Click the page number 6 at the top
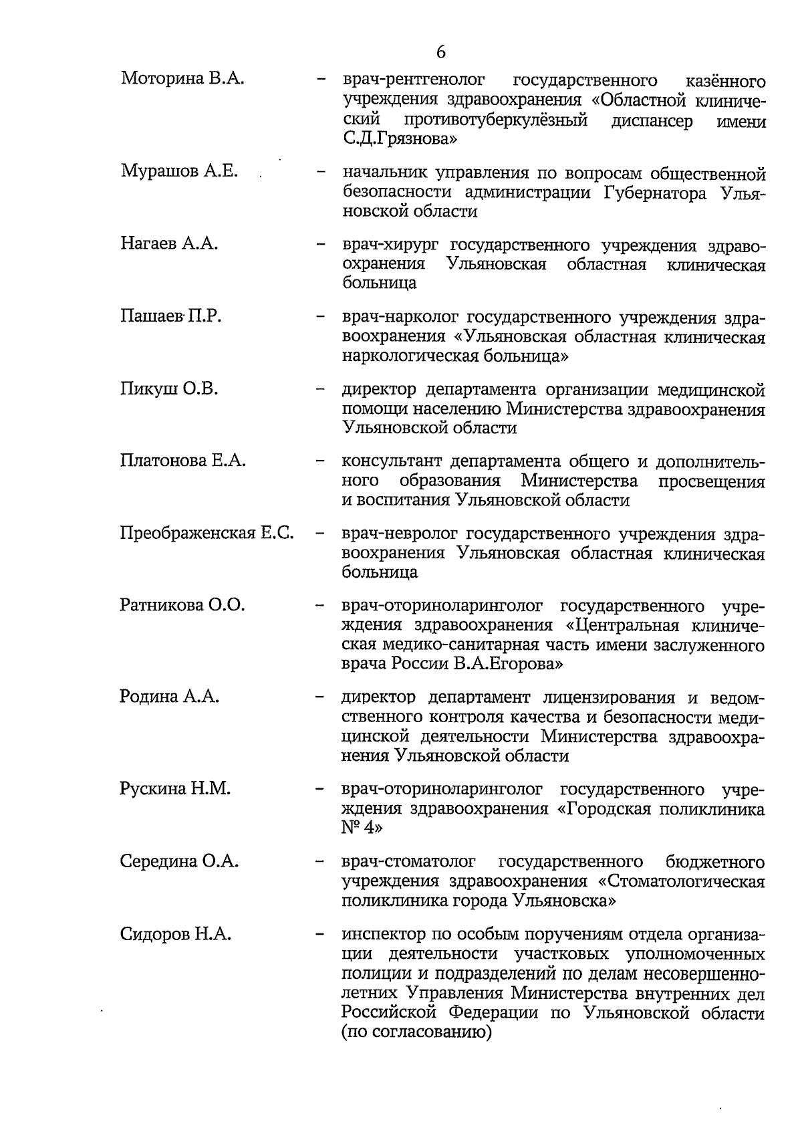440,52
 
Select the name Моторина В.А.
182,80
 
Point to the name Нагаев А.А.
169,243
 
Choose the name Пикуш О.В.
169,388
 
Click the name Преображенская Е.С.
207,534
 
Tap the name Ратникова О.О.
182,606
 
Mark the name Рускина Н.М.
175,788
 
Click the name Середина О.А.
179,861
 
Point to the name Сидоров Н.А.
176,933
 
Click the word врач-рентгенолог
413,81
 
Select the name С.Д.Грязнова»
400,140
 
